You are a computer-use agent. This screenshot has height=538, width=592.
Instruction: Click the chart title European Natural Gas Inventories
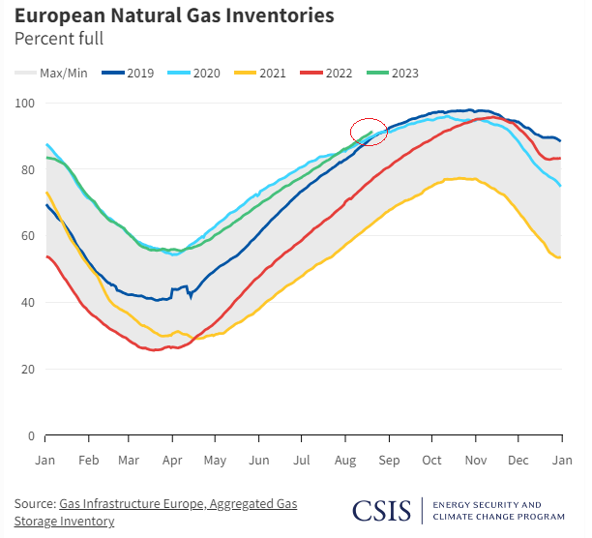pyautogui.click(x=174, y=16)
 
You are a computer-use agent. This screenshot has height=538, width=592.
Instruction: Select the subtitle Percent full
pyautogui.click(x=58, y=39)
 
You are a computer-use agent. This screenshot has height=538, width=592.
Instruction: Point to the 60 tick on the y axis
pyautogui.click(x=28, y=236)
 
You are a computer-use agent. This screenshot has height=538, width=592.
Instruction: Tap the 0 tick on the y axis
pyautogui.click(x=31, y=436)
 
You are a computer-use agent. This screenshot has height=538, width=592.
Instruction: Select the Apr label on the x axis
pyautogui.click(x=172, y=460)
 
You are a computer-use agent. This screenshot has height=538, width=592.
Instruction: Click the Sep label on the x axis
pyautogui.click(x=388, y=460)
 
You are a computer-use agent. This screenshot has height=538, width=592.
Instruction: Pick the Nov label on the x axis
pyautogui.click(x=475, y=460)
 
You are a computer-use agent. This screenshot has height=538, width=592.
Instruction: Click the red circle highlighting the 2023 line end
pyautogui.click(x=369, y=132)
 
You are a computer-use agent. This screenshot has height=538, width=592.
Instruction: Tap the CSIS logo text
pyautogui.click(x=382, y=510)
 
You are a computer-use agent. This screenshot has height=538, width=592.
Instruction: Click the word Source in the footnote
pyautogui.click(x=34, y=504)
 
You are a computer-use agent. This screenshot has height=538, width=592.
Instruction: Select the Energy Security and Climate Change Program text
pyautogui.click(x=499, y=510)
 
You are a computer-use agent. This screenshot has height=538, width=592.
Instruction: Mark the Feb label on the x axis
pyautogui.click(x=87, y=460)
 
